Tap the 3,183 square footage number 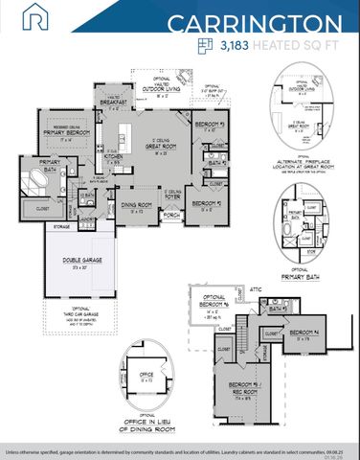(x=238, y=45)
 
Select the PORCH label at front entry (x=171, y=215)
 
